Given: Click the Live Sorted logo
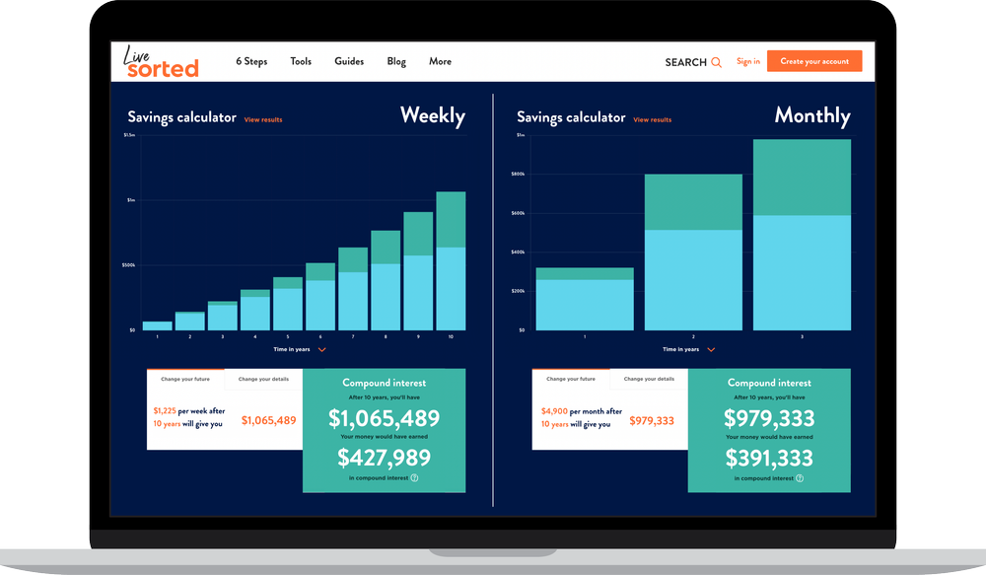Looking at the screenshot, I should [161, 61].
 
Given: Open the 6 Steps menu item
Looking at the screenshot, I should [251, 61].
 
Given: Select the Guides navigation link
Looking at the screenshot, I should [349, 61].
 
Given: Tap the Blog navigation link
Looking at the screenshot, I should [396, 61].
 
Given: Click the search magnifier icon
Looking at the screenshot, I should [716, 62].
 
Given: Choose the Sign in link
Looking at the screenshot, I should [748, 61].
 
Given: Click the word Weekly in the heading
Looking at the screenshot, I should [432, 115].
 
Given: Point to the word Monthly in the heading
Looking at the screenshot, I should [812, 115].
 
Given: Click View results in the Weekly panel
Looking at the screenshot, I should [263, 120].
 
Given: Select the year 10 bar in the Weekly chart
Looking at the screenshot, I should [451, 261].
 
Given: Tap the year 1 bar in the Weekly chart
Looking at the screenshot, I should [157, 324].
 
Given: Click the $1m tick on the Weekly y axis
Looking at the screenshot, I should [129, 200].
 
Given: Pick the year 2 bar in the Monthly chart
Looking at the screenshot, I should [693, 252].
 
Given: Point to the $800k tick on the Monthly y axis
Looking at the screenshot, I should [518, 175].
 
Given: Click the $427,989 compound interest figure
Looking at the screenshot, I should [384, 457].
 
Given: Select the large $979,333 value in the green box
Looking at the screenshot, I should [768, 418].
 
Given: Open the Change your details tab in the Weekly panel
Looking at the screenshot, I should [263, 379].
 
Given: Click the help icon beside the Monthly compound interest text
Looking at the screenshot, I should [800, 478].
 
